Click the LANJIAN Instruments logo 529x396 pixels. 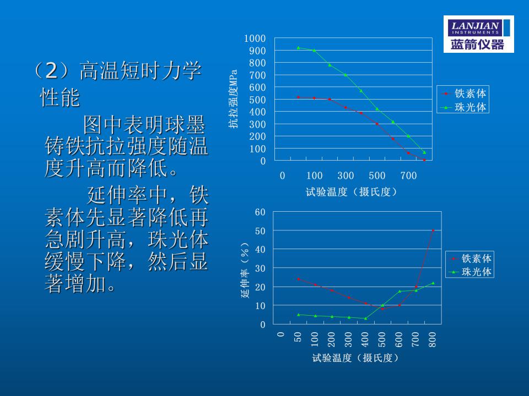(478, 34)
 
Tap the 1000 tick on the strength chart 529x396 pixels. (255, 38)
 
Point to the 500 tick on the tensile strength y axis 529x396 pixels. (257, 100)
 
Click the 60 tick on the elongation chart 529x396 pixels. (260, 212)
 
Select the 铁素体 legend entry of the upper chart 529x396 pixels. (463, 94)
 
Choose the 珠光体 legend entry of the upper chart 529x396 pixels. (463, 107)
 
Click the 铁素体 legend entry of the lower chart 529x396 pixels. (470, 258)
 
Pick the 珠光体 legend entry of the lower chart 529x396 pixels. (470, 271)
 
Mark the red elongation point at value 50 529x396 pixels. (433, 230)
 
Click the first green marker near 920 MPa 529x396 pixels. (298, 48)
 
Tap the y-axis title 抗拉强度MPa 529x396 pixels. (233, 98)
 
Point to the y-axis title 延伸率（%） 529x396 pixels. (245, 270)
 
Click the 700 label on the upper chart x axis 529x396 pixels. (408, 175)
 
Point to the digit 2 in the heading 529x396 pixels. (52, 71)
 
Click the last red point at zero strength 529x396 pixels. (424, 160)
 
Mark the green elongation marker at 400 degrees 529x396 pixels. (366, 318)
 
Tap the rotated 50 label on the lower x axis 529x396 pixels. (298, 337)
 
